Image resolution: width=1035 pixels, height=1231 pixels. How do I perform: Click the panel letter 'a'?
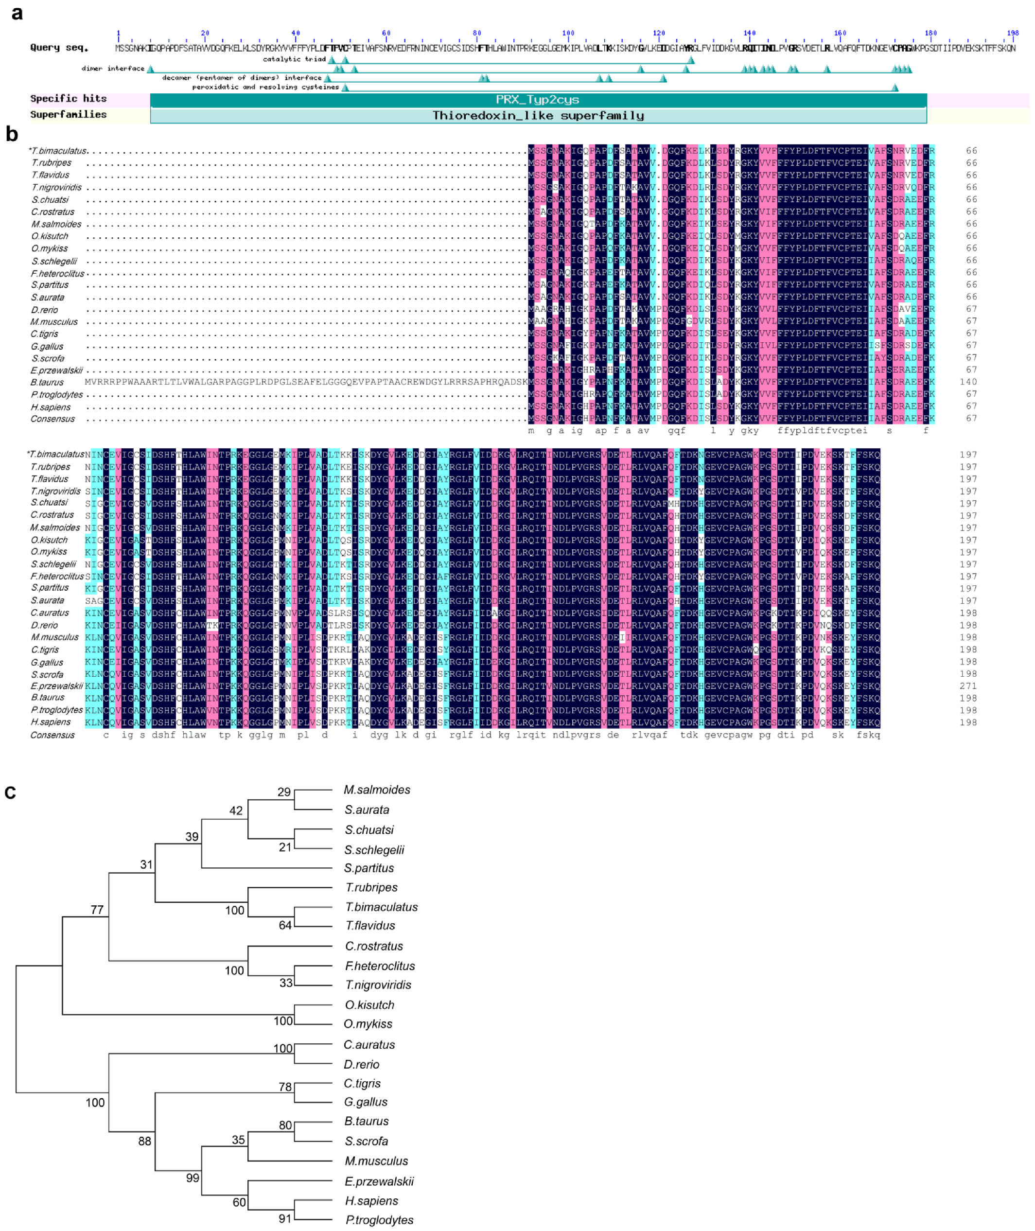pos(17,13)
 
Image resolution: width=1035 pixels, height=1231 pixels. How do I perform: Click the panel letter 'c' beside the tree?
pos(10,792)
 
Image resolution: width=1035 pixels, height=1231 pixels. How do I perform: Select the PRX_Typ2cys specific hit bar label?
pos(538,100)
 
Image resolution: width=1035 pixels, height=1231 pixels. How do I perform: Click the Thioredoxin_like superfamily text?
pos(538,116)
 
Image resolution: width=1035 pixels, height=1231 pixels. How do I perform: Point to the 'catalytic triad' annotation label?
pos(294,59)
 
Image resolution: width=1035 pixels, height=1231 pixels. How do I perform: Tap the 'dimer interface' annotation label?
pos(113,69)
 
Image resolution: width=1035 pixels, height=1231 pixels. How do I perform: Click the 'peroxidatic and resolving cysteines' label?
pos(265,88)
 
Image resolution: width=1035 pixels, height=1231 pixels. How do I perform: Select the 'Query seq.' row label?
pos(59,48)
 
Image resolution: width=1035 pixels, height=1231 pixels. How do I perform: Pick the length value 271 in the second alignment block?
pos(968,686)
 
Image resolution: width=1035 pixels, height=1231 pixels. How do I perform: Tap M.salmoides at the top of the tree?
pos(377,790)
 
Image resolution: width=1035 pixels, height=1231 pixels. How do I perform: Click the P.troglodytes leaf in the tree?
pos(379,1220)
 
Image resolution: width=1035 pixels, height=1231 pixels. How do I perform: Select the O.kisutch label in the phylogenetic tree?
pos(369,1005)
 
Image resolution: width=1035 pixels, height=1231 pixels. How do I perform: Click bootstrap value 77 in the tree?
pos(97,910)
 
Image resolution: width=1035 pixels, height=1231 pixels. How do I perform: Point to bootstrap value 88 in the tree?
pos(144,1141)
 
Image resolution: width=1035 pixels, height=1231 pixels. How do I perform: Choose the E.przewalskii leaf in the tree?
pos(379,1181)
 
